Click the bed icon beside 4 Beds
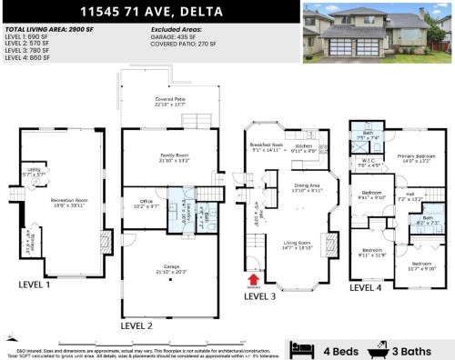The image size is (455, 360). click(300, 347)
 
